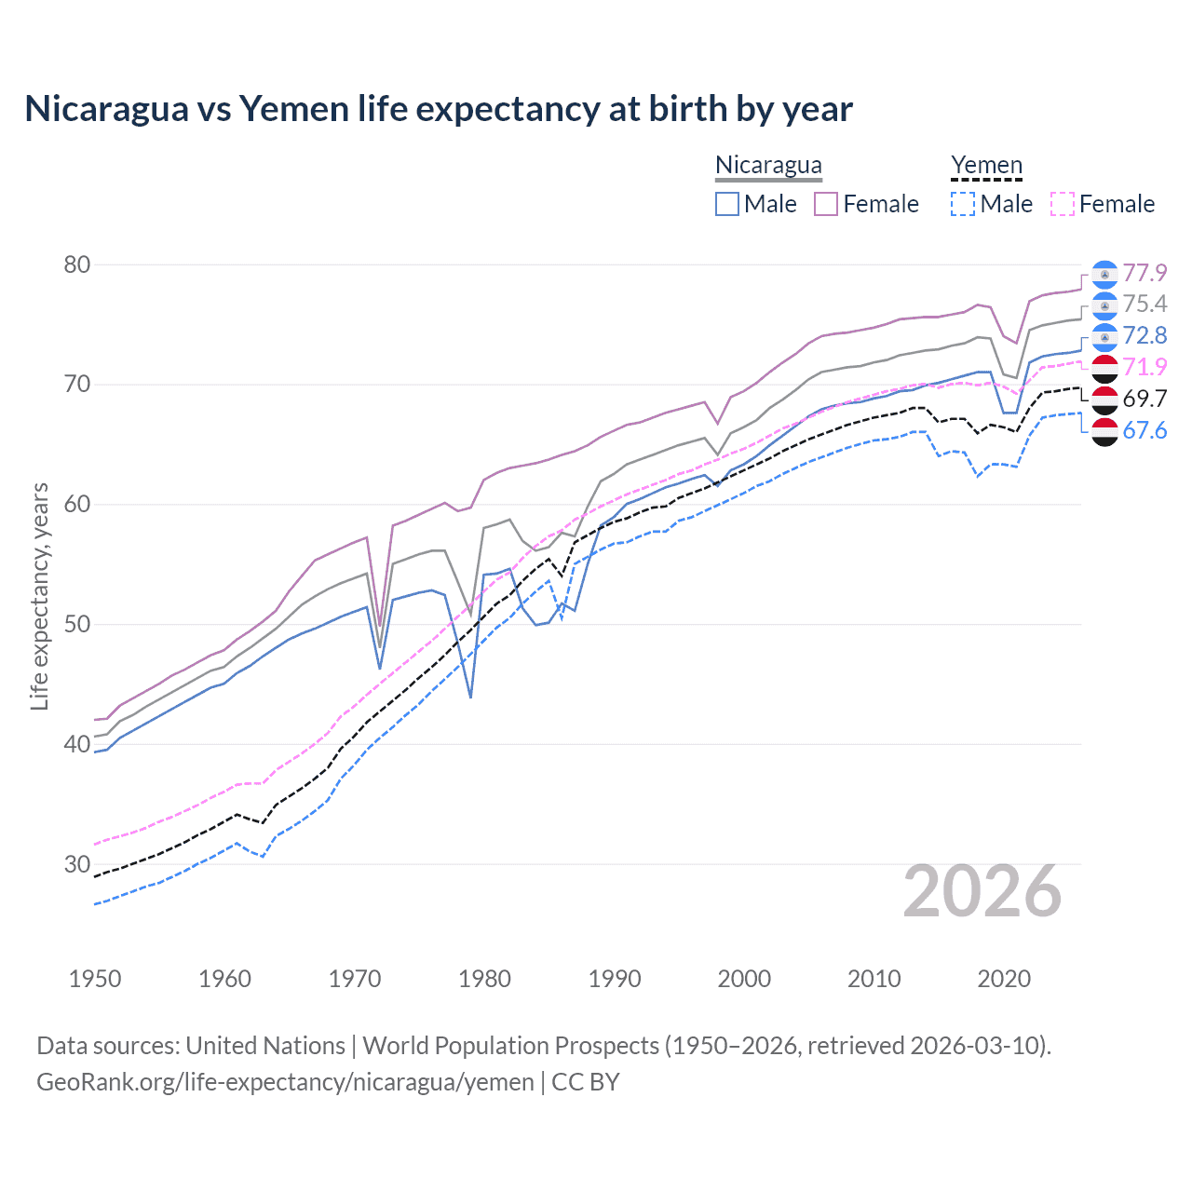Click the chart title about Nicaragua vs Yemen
(x=438, y=109)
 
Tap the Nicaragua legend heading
(x=768, y=166)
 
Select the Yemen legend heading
(x=986, y=166)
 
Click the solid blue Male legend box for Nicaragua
(x=727, y=204)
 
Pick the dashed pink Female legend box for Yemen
(x=1063, y=204)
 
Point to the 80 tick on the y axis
(x=77, y=264)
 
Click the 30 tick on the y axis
(x=77, y=864)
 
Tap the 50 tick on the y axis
(x=77, y=624)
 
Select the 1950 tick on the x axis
(x=95, y=979)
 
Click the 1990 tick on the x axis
(x=615, y=979)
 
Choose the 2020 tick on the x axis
(x=1004, y=979)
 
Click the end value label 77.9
(x=1145, y=273)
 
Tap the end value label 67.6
(x=1145, y=430)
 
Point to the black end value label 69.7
(x=1145, y=399)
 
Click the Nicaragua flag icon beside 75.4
(x=1104, y=305)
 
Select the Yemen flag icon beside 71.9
(x=1104, y=368)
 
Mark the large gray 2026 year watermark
(x=982, y=891)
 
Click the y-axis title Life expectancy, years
(x=39, y=596)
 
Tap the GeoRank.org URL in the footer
(x=285, y=1082)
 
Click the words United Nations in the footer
(x=265, y=1046)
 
